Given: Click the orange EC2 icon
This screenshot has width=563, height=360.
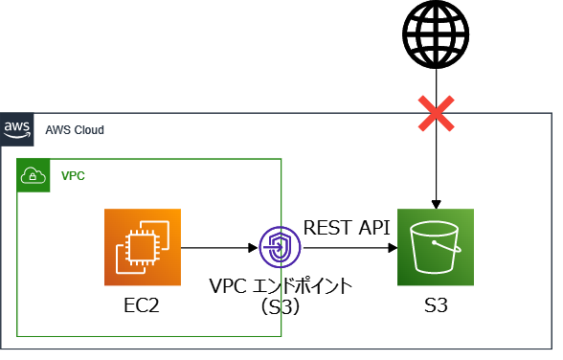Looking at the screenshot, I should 143,247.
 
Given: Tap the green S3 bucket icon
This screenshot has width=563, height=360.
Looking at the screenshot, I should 437,247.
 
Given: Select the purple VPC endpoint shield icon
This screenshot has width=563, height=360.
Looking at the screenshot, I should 280,248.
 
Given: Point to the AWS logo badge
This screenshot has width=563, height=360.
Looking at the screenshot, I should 16,129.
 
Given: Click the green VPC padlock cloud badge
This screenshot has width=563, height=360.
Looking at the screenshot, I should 34,176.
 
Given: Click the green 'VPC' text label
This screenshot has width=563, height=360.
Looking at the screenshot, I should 73,176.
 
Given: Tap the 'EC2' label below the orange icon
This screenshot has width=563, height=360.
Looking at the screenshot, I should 143,307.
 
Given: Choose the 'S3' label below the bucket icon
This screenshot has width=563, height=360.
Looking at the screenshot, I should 437,307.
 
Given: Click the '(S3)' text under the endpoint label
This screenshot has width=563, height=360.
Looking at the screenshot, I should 281,307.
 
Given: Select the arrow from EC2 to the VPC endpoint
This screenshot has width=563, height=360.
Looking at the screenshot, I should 219,248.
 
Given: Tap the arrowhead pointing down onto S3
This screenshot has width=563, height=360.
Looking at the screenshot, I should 437,203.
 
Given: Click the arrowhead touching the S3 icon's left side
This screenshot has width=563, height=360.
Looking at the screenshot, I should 393,248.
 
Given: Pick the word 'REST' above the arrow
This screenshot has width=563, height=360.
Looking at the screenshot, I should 325,227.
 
